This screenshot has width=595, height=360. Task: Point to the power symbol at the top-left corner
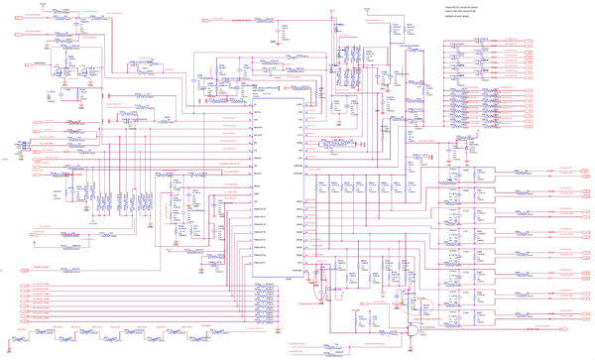click(40, 5)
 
